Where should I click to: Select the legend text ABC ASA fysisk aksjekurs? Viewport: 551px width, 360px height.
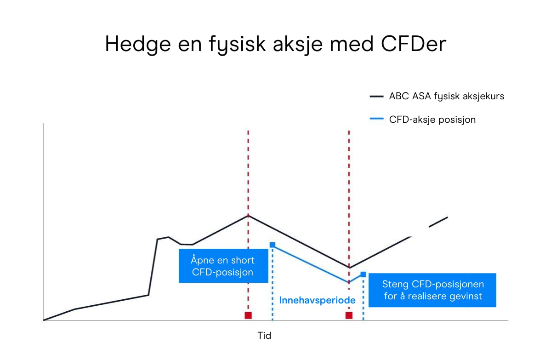pyautogui.click(x=446, y=97)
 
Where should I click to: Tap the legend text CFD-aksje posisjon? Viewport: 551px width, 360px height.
pyautogui.click(x=432, y=120)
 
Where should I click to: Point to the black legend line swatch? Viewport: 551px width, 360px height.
pyautogui.click(x=376, y=97)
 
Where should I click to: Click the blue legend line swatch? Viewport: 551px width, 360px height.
pyautogui.click(x=376, y=120)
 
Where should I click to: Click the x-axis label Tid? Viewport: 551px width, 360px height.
pyautogui.click(x=264, y=336)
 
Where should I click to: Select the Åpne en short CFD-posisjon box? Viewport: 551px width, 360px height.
pyautogui.click(x=223, y=266)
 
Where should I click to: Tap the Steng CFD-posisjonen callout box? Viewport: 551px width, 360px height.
pyautogui.click(x=432, y=290)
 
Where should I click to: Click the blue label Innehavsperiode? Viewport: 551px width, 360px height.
pyautogui.click(x=317, y=300)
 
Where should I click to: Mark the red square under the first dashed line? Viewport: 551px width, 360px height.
pyautogui.click(x=248, y=315)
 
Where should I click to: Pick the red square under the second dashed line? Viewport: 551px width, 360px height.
pyautogui.click(x=349, y=315)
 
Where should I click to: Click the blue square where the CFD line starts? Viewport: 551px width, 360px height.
pyautogui.click(x=273, y=245)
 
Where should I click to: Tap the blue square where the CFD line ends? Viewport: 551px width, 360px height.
pyautogui.click(x=363, y=274)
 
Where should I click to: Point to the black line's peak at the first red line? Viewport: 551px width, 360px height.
pyautogui.click(x=248, y=215)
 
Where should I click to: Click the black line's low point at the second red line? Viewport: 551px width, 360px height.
pyautogui.click(x=349, y=267)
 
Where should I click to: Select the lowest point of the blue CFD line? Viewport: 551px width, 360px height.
pyautogui.click(x=349, y=282)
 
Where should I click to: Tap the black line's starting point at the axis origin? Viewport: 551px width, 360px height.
pyautogui.click(x=44, y=320)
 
